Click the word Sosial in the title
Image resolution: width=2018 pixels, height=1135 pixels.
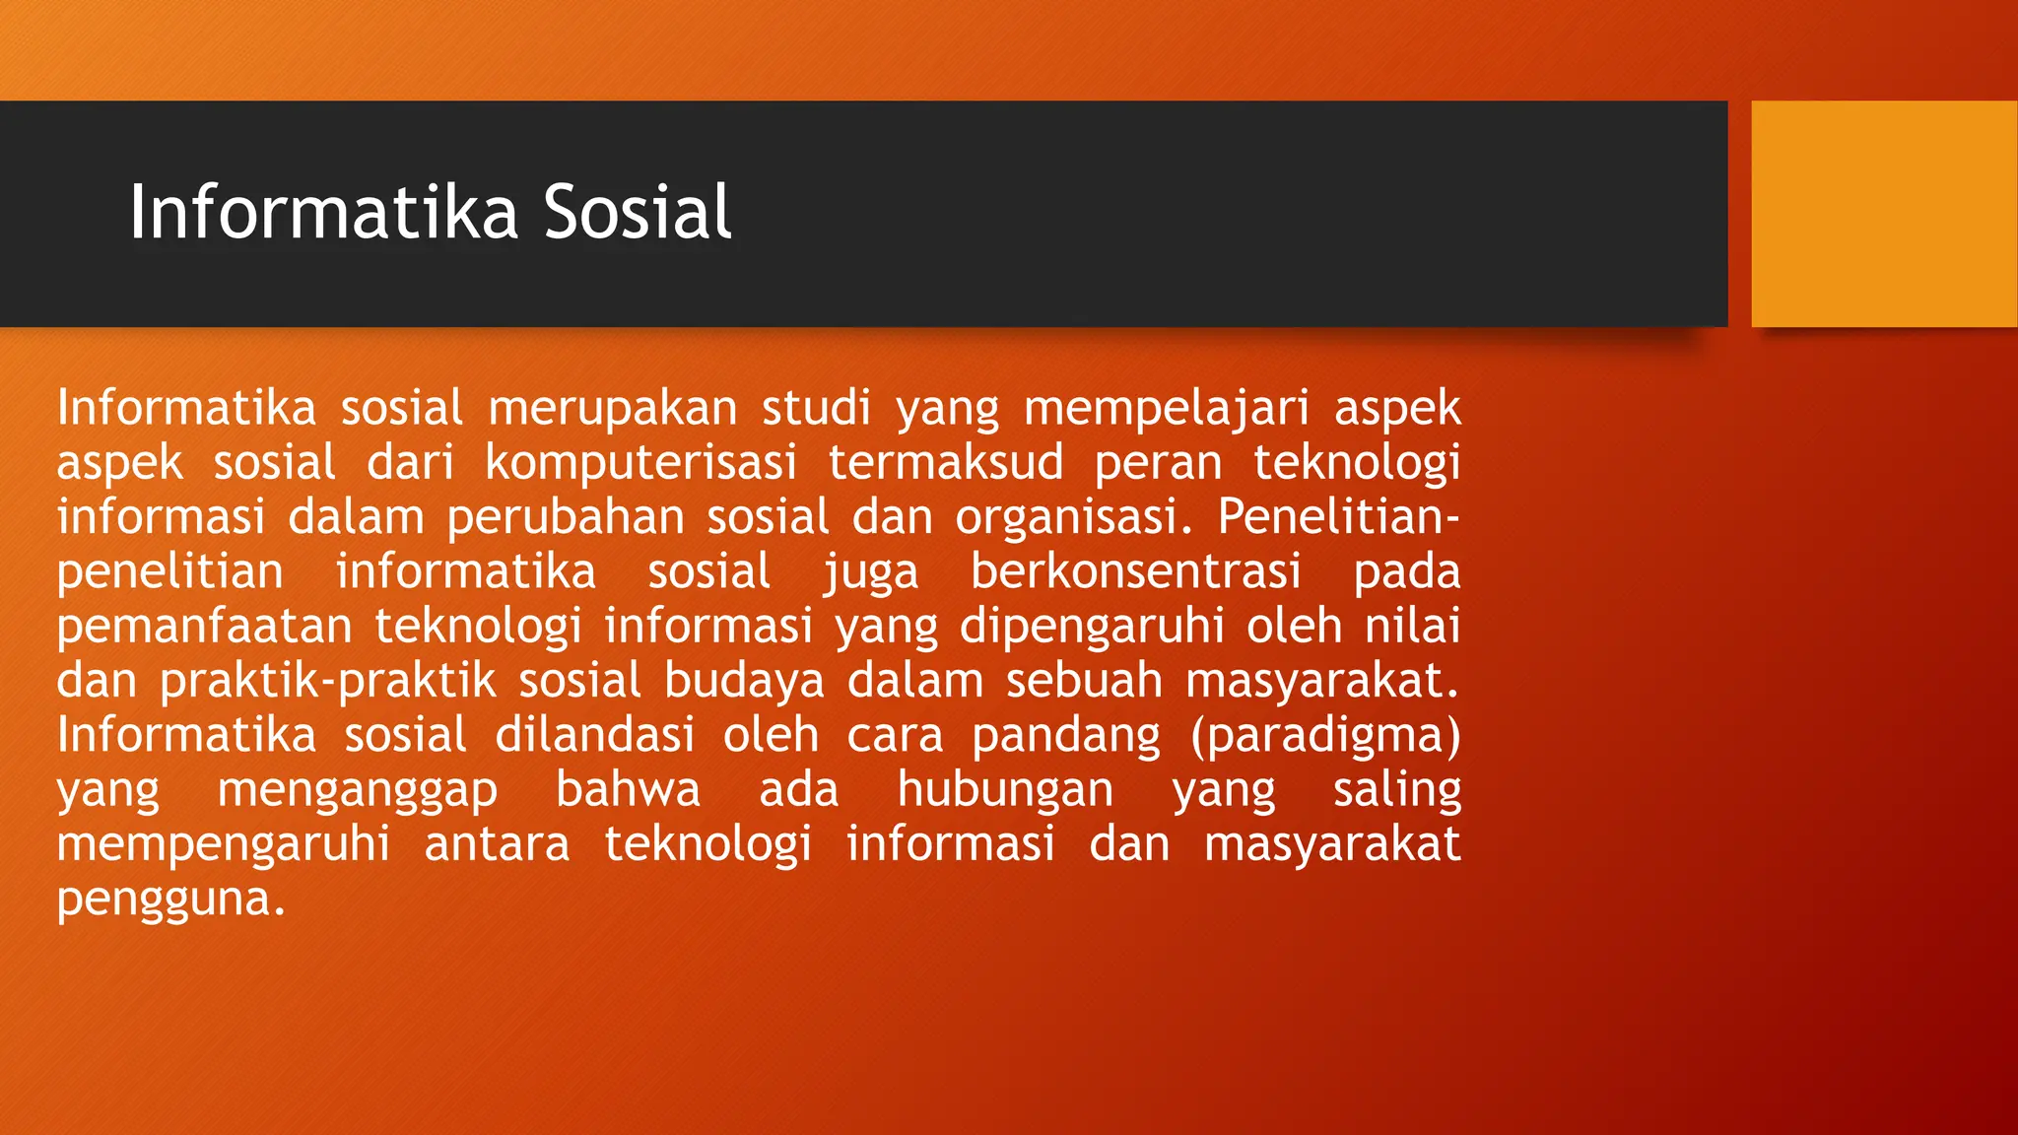click(x=638, y=212)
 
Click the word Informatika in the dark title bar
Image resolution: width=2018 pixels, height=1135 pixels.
click(x=323, y=212)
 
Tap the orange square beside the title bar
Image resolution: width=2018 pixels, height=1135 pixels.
click(x=1884, y=213)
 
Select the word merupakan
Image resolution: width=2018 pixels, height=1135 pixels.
click(x=612, y=408)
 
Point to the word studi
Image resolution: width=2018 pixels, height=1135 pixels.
click(x=816, y=408)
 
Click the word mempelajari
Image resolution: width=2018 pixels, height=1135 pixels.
click(x=1166, y=408)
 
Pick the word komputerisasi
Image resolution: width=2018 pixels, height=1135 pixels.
click(x=640, y=462)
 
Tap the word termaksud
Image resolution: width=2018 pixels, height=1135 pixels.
click(x=946, y=462)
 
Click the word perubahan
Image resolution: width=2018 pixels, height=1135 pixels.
click(x=566, y=517)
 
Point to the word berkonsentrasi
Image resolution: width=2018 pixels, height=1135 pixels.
click(x=1135, y=571)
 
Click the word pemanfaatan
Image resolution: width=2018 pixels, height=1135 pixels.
click(x=204, y=627)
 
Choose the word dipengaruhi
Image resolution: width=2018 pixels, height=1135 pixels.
click(x=1092, y=627)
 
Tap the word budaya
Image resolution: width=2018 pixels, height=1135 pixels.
click(x=744, y=681)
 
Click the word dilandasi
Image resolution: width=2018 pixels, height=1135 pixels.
click(x=594, y=735)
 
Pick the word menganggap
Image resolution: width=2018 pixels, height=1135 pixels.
click(x=358, y=790)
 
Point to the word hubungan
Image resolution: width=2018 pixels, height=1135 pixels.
click(x=1005, y=790)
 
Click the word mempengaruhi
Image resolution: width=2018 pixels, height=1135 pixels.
click(x=224, y=844)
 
